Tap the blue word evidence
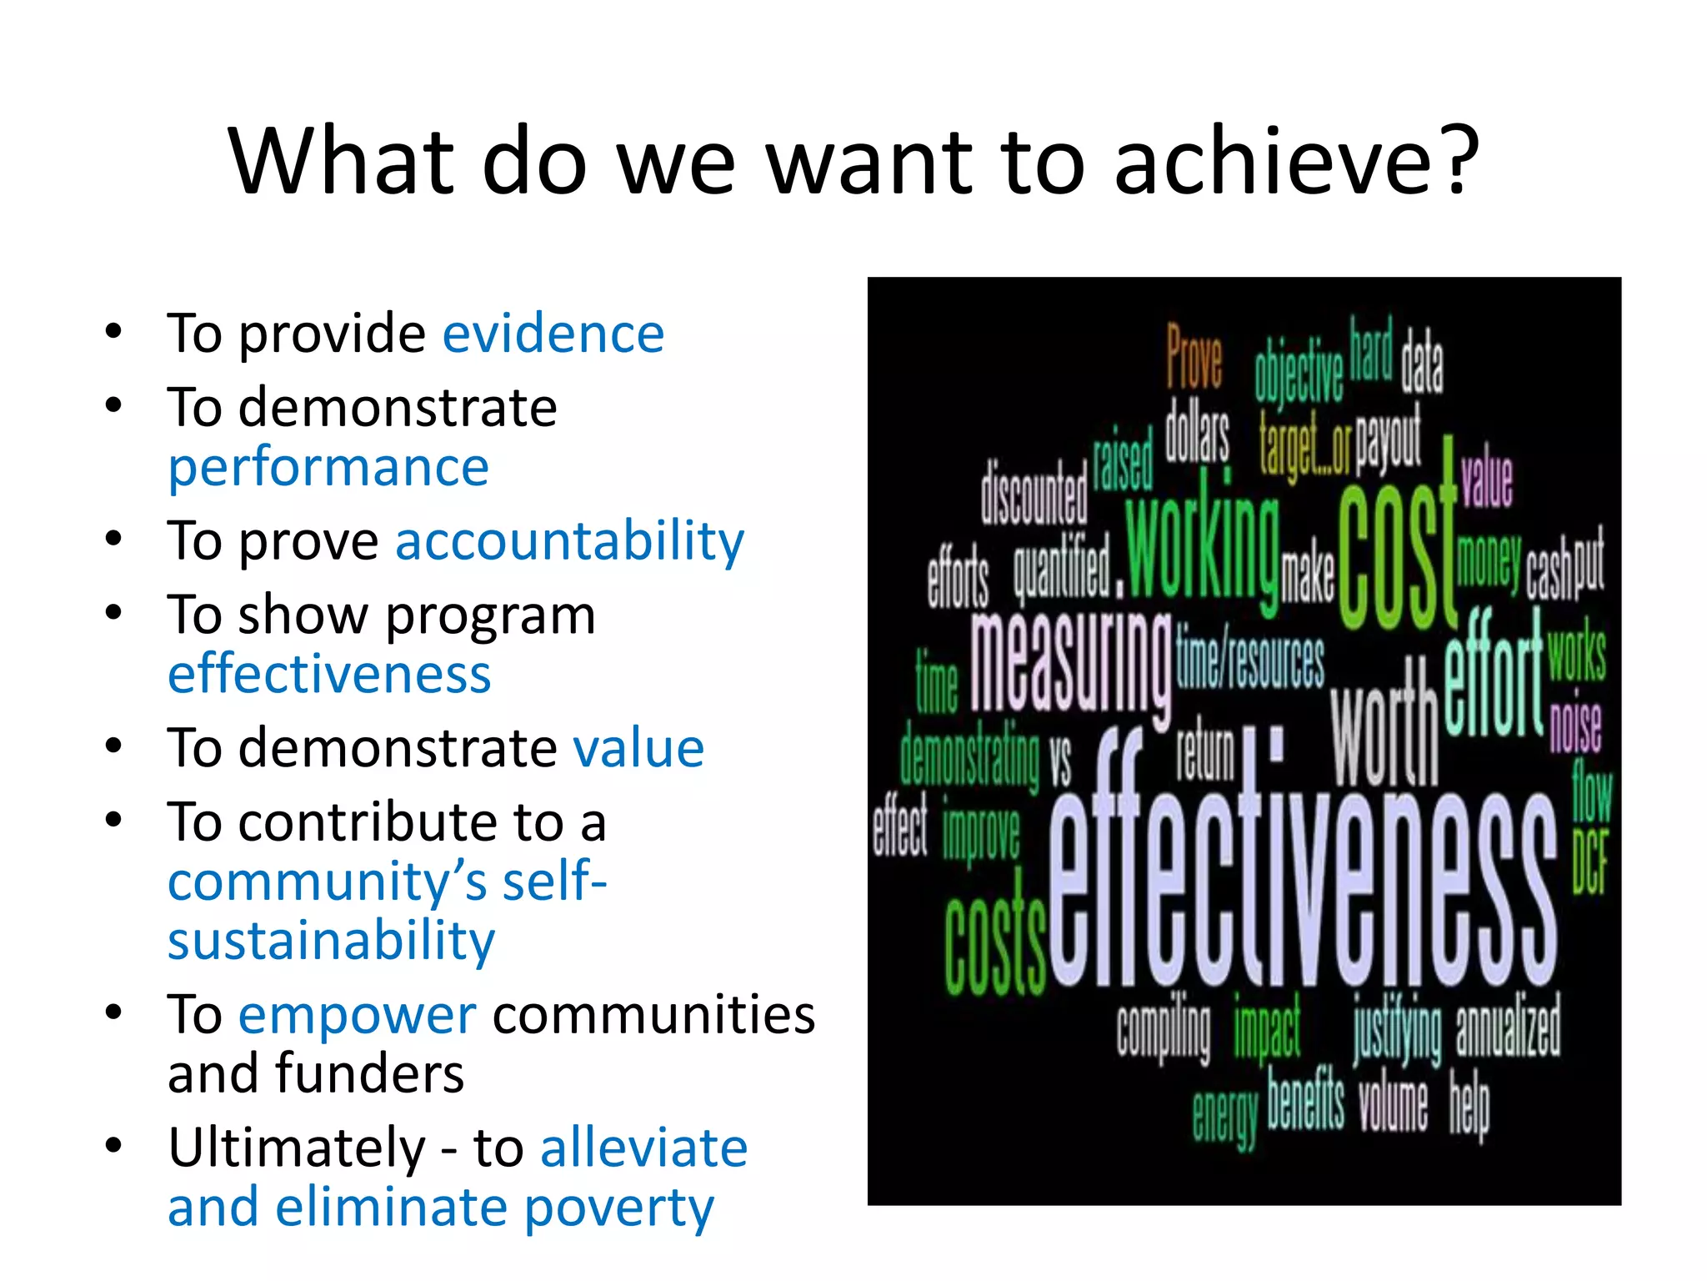[x=553, y=334]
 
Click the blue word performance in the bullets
[x=328, y=467]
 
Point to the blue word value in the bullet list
[x=638, y=747]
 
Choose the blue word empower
[x=357, y=1016]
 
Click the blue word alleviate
[x=643, y=1148]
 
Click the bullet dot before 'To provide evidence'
[x=114, y=332]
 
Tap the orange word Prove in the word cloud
[x=1194, y=357]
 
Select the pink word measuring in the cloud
[x=1071, y=663]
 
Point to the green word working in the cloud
[x=1202, y=546]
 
